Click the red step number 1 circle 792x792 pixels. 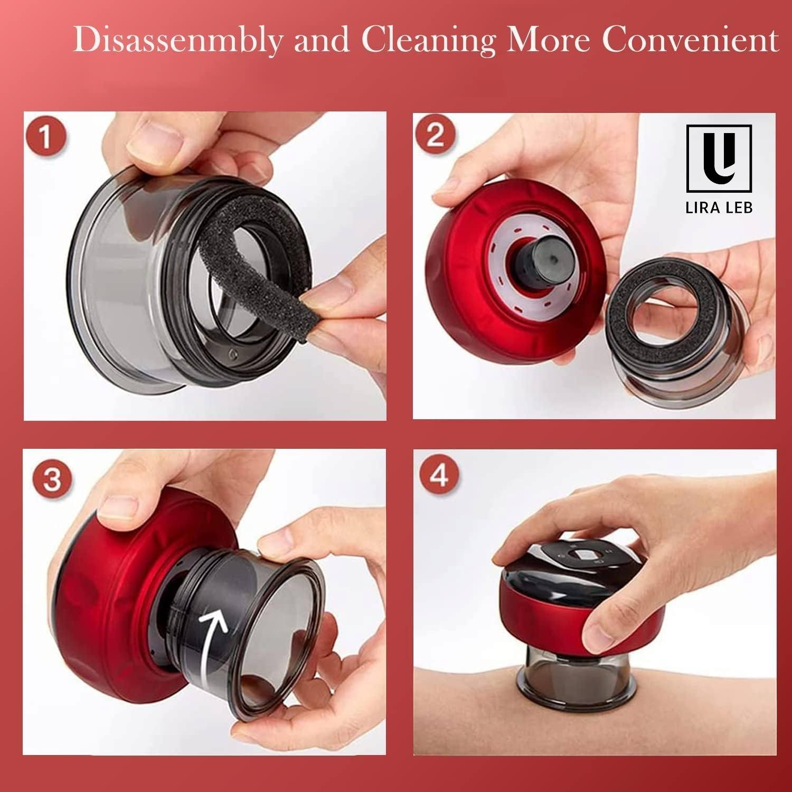pos(46,137)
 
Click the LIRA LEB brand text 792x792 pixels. pos(719,207)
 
